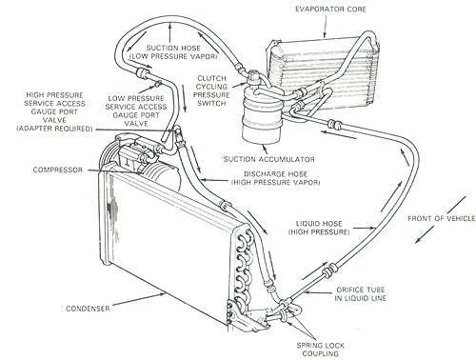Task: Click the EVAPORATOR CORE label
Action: [330, 9]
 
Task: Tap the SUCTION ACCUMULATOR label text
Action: [269, 159]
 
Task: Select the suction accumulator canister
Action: [262, 117]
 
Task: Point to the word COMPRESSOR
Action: [58, 170]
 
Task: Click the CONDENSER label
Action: [88, 309]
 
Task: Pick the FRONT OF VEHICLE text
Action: [442, 218]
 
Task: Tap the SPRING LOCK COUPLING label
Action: [321, 350]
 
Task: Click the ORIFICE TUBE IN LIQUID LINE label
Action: [361, 294]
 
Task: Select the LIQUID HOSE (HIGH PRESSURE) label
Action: [319, 228]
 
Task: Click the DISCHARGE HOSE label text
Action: [275, 174]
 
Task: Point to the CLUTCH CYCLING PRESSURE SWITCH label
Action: [211, 90]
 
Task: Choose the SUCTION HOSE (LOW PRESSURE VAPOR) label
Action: [173, 52]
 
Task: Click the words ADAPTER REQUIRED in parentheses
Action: [54, 129]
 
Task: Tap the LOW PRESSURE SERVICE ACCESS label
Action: [136, 103]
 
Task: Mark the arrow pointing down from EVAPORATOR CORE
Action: [325, 27]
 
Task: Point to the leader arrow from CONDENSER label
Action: [139, 299]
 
